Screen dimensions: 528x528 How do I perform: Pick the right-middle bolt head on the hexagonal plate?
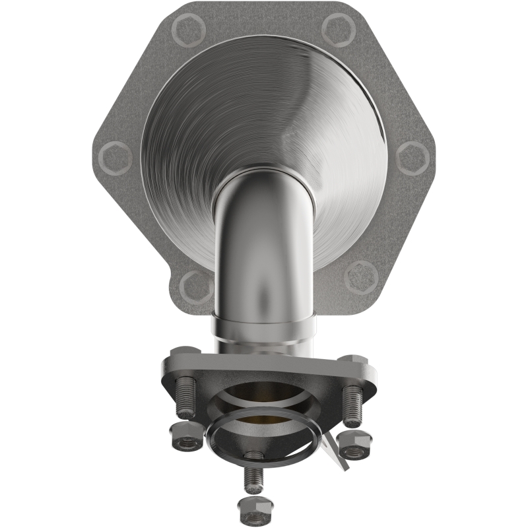(413, 158)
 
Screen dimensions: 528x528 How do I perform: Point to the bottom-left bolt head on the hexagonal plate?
(196, 286)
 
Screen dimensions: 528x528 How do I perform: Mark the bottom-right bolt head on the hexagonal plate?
(362, 272)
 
